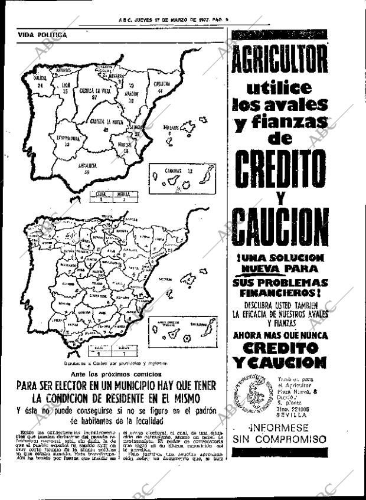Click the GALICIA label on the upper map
point(40,77)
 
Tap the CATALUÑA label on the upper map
point(162,84)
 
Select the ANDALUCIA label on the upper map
point(88,166)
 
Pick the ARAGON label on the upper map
point(131,93)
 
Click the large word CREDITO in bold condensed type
point(279,168)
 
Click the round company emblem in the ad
point(251,392)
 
